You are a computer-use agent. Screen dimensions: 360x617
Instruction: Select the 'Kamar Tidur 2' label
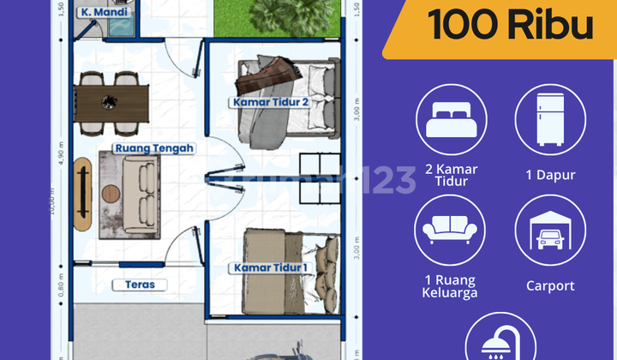tap(269, 103)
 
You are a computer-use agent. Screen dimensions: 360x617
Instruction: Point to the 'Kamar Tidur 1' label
tap(269, 268)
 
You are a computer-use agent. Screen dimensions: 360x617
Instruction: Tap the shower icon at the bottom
tap(501, 343)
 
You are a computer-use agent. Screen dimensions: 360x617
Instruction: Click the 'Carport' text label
tap(550, 286)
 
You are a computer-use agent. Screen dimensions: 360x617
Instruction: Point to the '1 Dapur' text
tap(550, 175)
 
